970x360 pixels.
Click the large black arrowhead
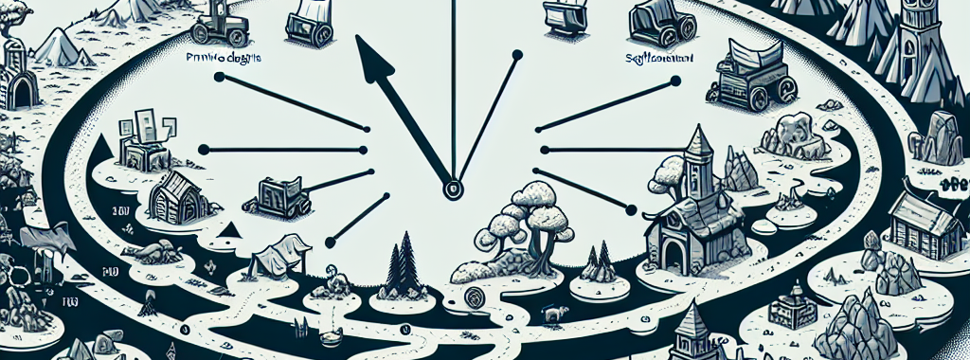pos(374,62)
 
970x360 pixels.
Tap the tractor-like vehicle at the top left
pos(219,21)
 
